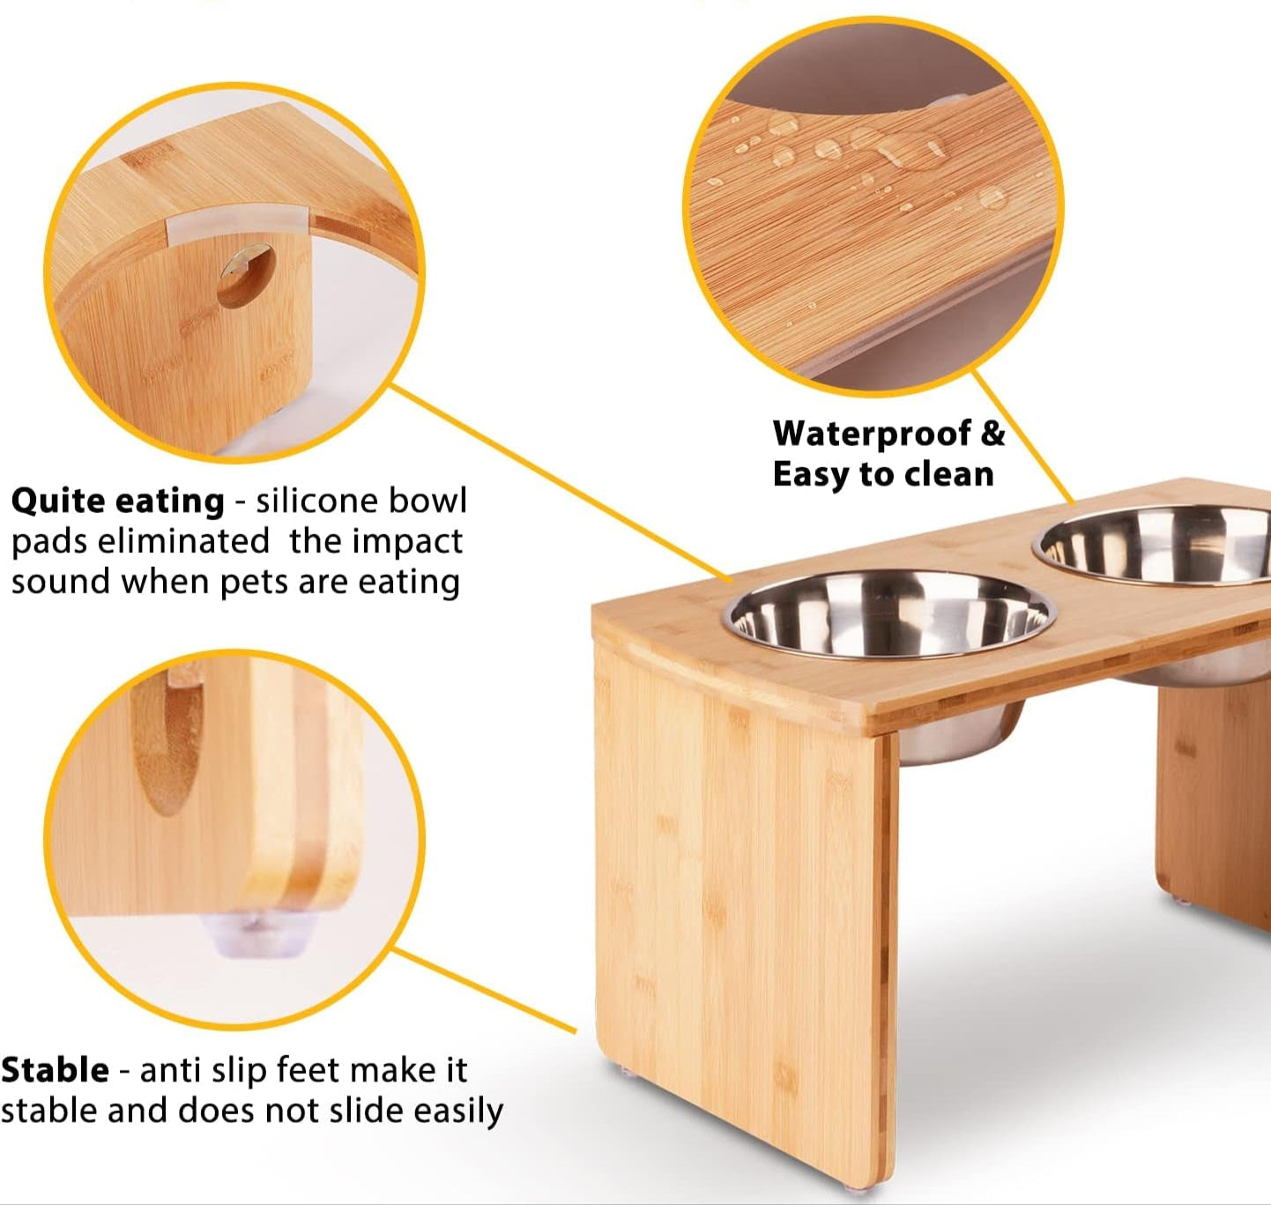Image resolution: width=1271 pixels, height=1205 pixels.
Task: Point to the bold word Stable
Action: point(55,1070)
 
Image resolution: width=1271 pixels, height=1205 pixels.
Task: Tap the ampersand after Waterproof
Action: point(993,434)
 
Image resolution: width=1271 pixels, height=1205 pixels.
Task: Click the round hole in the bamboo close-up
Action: point(246,276)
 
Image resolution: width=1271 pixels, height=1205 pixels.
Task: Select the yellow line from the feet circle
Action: point(485,992)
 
